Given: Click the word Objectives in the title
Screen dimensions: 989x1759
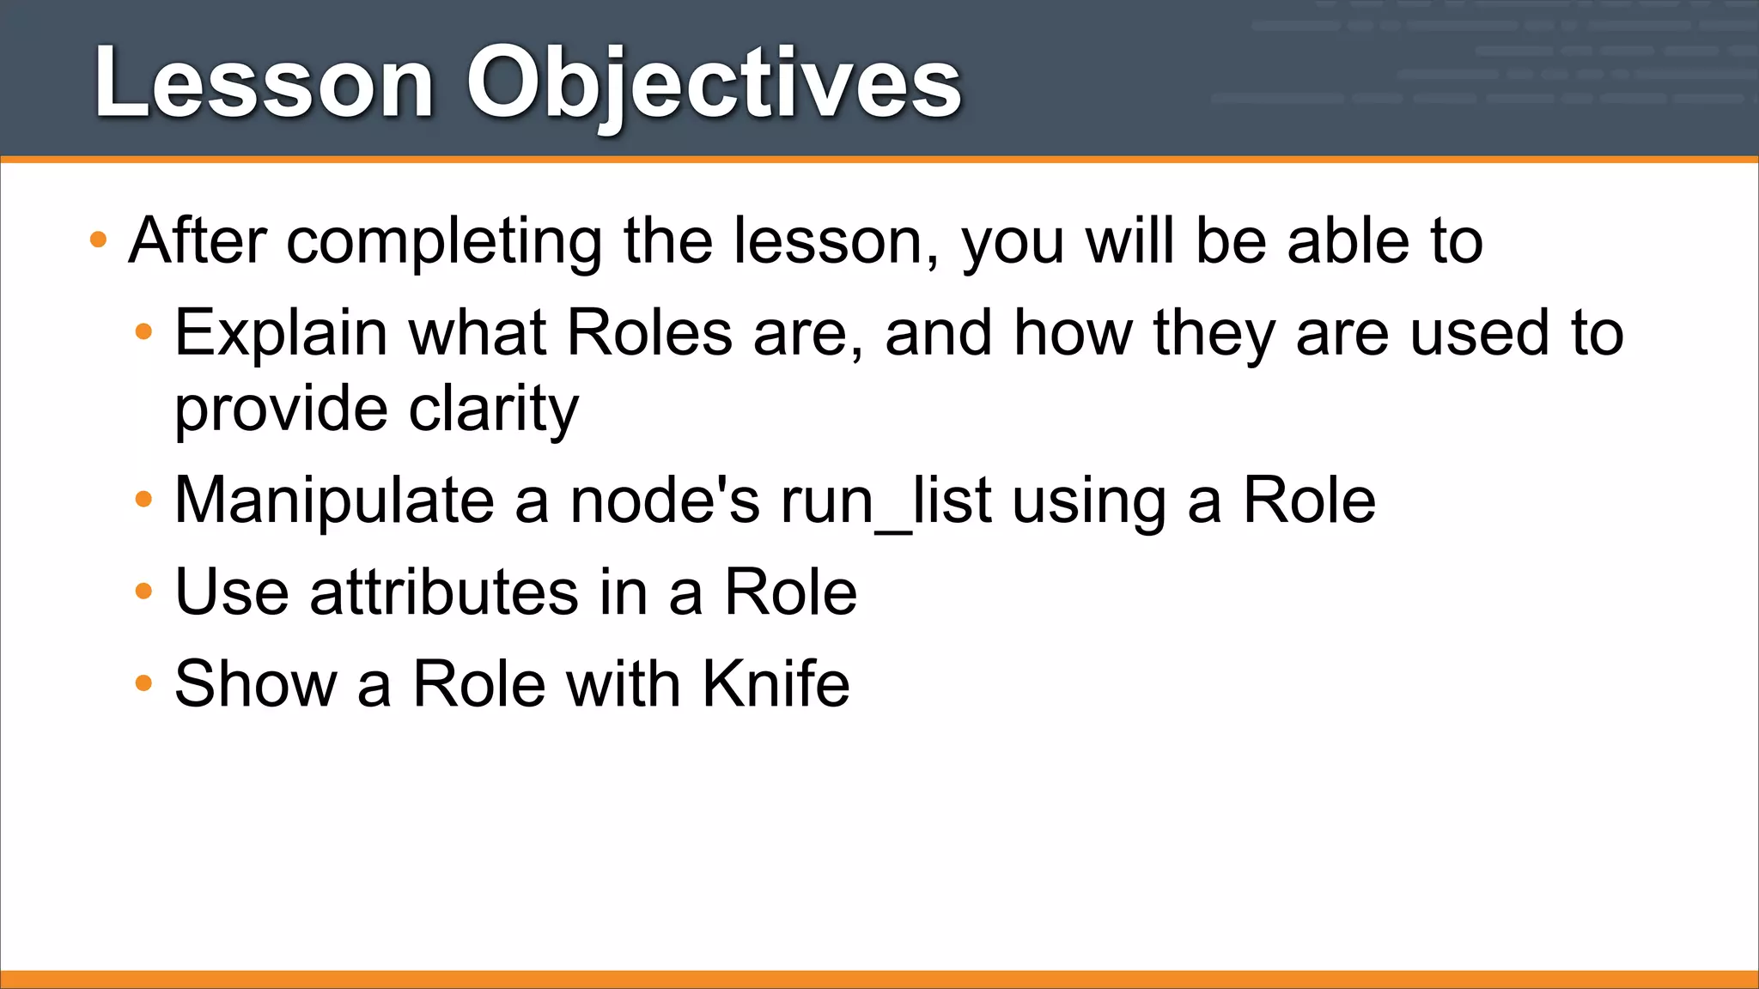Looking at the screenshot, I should (713, 84).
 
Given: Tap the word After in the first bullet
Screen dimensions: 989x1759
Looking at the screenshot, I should (198, 241).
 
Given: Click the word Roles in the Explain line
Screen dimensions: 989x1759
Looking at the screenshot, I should (649, 333).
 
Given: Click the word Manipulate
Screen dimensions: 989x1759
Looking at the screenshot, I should (334, 502).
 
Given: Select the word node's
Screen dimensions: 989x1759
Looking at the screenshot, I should (665, 502).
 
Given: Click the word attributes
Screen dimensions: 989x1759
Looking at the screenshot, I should (444, 593).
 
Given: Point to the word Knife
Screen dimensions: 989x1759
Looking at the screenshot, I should (776, 684).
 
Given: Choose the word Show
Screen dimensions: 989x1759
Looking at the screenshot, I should (256, 684).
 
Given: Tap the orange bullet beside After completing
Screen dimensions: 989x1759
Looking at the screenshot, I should (98, 240).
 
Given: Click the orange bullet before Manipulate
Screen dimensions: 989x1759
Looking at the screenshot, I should (143, 500).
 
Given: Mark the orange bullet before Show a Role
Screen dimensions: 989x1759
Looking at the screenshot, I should (143, 683).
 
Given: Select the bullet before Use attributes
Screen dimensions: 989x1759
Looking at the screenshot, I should (143, 592).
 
